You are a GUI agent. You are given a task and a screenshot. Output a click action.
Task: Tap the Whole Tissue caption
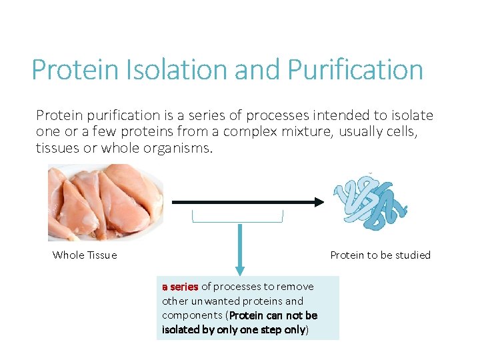(85, 255)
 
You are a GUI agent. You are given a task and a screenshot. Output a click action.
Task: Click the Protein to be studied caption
(380, 255)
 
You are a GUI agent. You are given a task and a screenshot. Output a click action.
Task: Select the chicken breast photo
(105, 202)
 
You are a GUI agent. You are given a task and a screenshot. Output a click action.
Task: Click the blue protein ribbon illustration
(371, 201)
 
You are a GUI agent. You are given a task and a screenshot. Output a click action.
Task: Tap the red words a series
(180, 287)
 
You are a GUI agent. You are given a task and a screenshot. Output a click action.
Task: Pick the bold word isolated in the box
(179, 329)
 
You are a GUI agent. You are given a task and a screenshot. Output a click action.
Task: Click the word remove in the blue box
(295, 287)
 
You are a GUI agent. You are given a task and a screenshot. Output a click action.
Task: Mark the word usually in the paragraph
(361, 131)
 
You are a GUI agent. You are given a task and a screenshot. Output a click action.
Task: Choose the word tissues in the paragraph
(57, 148)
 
